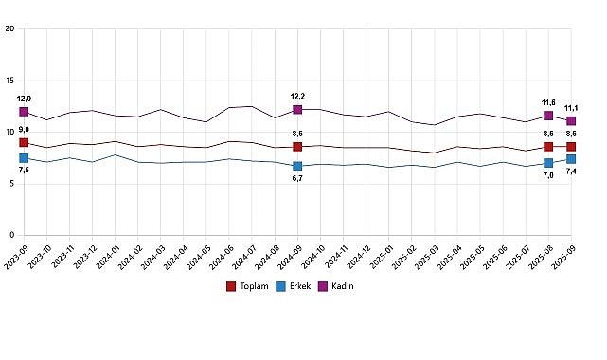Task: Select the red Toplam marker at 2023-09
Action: [24, 142]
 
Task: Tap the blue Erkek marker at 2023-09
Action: [24, 158]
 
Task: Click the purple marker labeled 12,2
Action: [297, 110]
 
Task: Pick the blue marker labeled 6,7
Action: [297, 166]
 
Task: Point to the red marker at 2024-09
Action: [297, 147]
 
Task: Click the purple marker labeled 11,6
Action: [548, 116]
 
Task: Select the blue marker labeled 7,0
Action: [548, 163]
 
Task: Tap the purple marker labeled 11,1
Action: [571, 121]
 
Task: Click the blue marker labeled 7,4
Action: [571, 159]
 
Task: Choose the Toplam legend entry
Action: [251, 285]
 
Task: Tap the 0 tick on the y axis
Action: [10, 235]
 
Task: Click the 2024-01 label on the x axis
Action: [110, 257]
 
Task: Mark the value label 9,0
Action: [24, 129]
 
